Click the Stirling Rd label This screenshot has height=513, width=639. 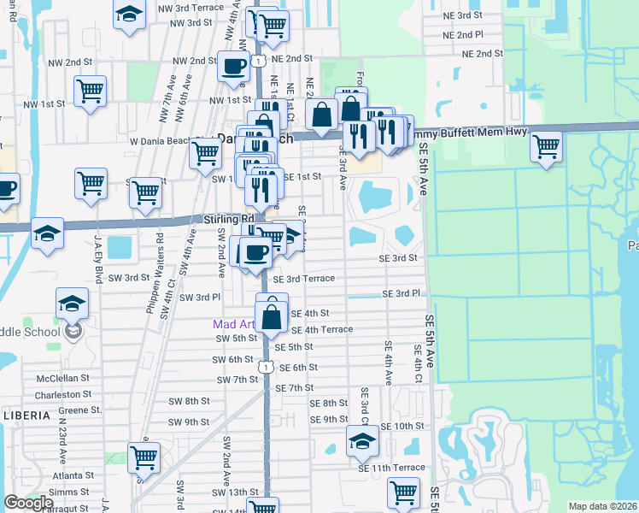click(224, 219)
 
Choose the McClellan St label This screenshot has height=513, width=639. click(63, 377)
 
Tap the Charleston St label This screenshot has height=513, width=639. click(63, 394)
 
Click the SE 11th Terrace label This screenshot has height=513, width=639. click(391, 468)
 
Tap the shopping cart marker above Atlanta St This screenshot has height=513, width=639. click(144, 457)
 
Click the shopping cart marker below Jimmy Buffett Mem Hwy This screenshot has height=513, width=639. click(546, 146)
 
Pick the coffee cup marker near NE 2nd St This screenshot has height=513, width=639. click(232, 66)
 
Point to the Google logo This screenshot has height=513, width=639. click(28, 503)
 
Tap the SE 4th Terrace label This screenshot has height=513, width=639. click(322, 329)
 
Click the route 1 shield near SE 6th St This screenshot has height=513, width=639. click(267, 367)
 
